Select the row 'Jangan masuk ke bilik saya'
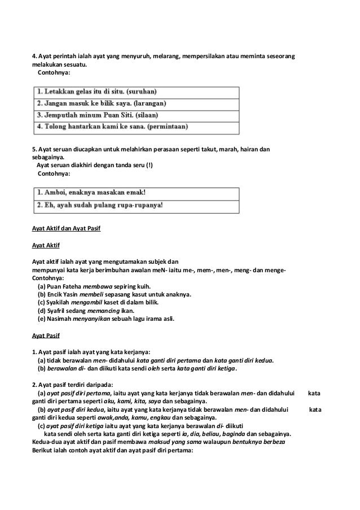(x=135, y=104)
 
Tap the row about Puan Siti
(x=135, y=116)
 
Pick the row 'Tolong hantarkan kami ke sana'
(x=135, y=128)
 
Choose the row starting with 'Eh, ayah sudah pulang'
(x=135, y=206)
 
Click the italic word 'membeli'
(x=93, y=294)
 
